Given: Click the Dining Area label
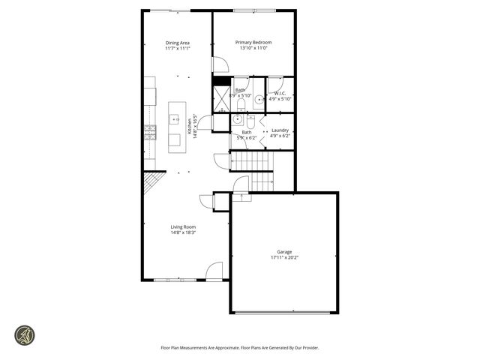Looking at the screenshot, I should (178, 43).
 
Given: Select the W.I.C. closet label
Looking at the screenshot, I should (280, 94).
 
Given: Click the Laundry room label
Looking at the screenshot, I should (280, 130).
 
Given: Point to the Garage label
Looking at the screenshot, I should (284, 252).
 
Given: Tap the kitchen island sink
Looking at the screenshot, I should (175, 121).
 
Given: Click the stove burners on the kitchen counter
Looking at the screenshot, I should (150, 133).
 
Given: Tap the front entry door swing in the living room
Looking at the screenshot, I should (214, 271).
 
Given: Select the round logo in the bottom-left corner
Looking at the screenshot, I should (25, 334).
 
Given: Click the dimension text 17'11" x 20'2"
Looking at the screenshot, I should (284, 258).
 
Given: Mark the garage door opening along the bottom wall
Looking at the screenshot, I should (283, 313).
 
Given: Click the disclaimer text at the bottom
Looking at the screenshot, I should (240, 347).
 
